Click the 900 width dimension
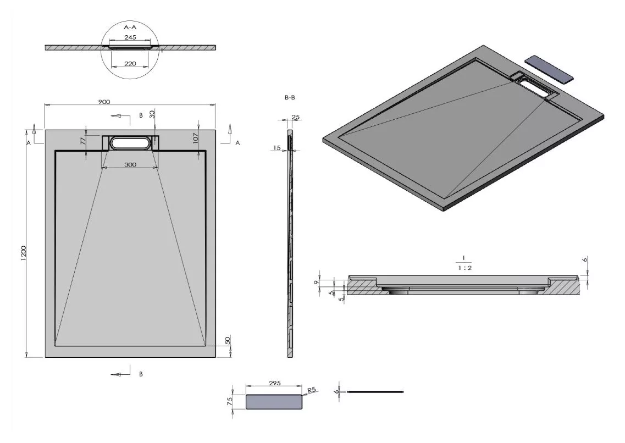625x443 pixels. [x=104, y=102]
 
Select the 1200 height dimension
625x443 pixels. [x=23, y=253]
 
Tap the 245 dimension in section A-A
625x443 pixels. [x=130, y=37]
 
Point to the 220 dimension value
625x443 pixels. [x=130, y=63]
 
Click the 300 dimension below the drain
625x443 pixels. [x=130, y=164]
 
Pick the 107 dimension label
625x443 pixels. [x=195, y=138]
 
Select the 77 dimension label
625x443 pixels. [x=84, y=141]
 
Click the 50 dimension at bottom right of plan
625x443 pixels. [x=228, y=341]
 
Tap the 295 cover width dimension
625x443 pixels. [x=275, y=383]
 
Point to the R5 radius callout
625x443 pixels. [x=311, y=390]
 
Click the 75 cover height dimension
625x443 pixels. [x=229, y=402]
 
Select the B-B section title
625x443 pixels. [x=290, y=97]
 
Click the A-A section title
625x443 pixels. [x=130, y=27]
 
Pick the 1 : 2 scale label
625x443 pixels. [x=464, y=268]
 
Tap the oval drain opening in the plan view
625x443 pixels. [x=131, y=143]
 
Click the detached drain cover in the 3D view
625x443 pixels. [x=549, y=69]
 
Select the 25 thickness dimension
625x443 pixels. [x=295, y=117]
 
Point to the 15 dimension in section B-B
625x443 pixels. [x=277, y=148]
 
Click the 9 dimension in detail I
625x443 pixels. [x=316, y=283]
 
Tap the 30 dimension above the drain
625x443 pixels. [x=152, y=114]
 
